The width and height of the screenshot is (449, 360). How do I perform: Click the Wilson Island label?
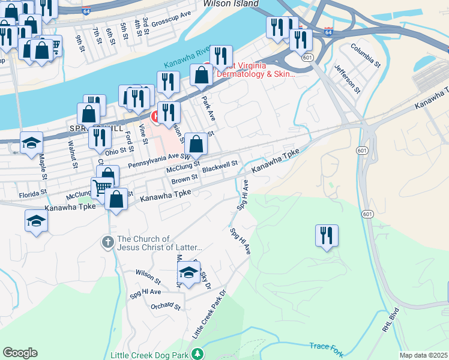[226, 3]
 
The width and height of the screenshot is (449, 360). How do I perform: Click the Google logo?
[20, 353]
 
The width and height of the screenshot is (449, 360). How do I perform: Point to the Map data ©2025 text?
[424, 355]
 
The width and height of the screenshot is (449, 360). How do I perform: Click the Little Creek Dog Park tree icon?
[196, 355]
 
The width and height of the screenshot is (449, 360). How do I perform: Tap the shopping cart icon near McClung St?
[101, 187]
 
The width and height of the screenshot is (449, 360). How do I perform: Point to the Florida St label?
[32, 194]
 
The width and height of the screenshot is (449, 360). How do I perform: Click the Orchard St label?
[165, 306]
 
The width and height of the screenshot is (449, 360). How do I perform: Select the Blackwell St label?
[220, 165]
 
